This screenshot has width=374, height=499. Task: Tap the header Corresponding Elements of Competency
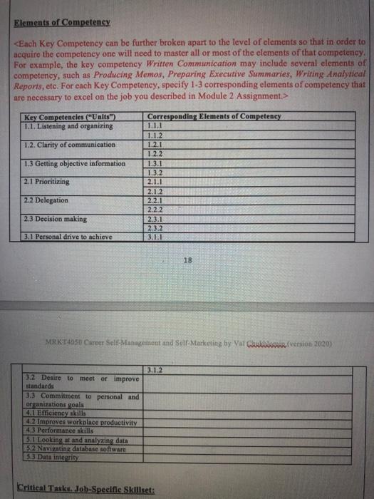click(214, 116)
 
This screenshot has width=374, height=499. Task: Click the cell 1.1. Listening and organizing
click(68, 125)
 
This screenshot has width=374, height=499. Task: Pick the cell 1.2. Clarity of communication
click(70, 145)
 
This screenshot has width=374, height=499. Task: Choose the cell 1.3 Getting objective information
click(74, 163)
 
